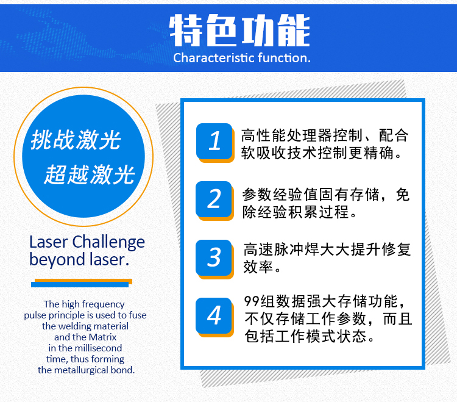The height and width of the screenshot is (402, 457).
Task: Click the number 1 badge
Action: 215,142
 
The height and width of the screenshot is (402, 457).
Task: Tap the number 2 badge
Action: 215,201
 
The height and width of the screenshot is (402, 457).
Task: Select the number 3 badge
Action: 215,259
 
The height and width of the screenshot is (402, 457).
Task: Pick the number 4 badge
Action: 215,317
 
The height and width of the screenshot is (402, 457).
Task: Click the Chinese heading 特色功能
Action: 239,31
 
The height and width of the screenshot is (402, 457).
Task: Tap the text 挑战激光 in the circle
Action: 76,140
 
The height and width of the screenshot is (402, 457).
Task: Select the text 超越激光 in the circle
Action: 90,174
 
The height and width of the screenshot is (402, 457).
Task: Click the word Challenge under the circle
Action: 108,243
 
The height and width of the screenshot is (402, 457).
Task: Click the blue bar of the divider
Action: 80,284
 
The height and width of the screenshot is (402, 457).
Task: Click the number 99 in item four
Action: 252,301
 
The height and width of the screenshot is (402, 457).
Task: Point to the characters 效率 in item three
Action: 258,267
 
